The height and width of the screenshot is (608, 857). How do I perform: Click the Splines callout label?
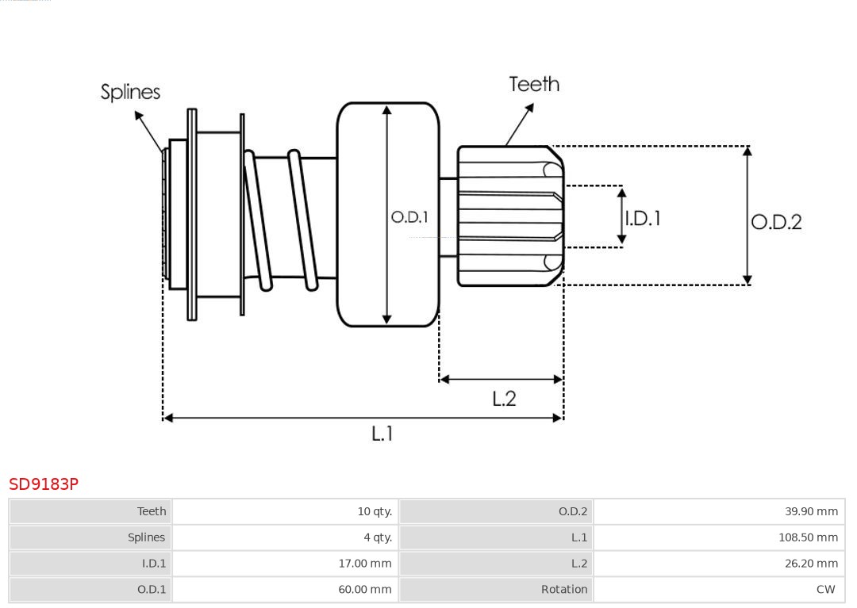[x=130, y=92]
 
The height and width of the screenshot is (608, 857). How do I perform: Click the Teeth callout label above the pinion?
[x=534, y=84]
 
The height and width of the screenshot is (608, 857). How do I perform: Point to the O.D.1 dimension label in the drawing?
[x=409, y=216]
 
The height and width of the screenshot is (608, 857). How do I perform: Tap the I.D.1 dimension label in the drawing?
[x=643, y=218]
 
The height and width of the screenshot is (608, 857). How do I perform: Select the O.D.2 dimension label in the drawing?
[x=776, y=222]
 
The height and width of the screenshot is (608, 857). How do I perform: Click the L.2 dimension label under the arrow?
[x=504, y=398]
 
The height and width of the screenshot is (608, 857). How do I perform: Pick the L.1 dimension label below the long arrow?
[x=382, y=433]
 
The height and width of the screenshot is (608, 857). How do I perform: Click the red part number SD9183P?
[x=44, y=484]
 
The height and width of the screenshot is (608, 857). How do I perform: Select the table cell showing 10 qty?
[x=375, y=511]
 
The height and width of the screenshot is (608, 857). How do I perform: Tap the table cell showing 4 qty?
[x=377, y=537]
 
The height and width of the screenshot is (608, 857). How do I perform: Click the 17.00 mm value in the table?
[x=365, y=564]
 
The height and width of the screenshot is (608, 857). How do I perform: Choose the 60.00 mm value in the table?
[x=365, y=590]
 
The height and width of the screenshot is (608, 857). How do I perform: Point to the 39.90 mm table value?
[x=811, y=511]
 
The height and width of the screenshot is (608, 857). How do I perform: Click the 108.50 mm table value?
[x=808, y=537]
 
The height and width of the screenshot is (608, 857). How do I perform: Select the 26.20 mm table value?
[x=811, y=564]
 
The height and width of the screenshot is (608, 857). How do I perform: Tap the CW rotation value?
[x=825, y=590]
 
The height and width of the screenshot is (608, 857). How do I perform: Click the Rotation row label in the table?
[x=564, y=590]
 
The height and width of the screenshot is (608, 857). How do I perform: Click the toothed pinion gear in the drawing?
[x=508, y=216]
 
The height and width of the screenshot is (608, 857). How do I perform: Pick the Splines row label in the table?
[x=146, y=537]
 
